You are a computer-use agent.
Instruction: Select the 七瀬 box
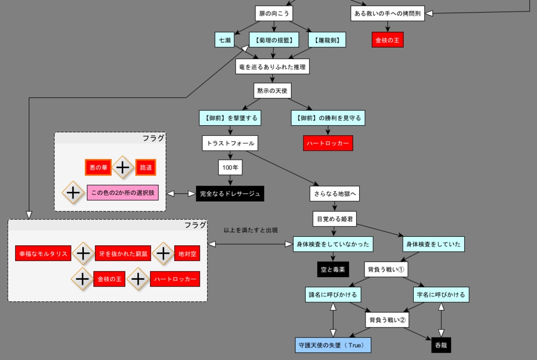[224, 40]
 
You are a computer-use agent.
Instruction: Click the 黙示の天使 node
[272, 91]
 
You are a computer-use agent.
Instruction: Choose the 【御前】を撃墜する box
[230, 118]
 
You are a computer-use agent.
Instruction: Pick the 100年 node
[230, 168]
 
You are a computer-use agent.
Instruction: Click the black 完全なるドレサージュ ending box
[230, 194]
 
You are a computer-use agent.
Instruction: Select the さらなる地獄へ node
[335, 194]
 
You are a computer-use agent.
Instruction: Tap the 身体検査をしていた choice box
[433, 244]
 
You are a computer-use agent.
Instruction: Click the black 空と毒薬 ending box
[333, 269]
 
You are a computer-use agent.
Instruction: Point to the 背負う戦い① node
[386, 269]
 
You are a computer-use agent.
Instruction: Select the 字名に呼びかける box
[441, 294]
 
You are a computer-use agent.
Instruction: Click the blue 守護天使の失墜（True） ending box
[333, 345]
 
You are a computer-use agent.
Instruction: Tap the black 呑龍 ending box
[441, 345]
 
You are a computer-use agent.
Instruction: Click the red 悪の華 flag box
[99, 167]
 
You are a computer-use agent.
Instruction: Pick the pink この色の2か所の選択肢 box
[126, 193]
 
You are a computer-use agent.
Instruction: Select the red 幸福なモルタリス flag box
[44, 254]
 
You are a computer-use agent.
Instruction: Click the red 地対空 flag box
[187, 254]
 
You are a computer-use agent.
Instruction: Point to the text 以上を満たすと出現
[251, 230]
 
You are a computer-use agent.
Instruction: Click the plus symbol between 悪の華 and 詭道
[122, 167]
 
